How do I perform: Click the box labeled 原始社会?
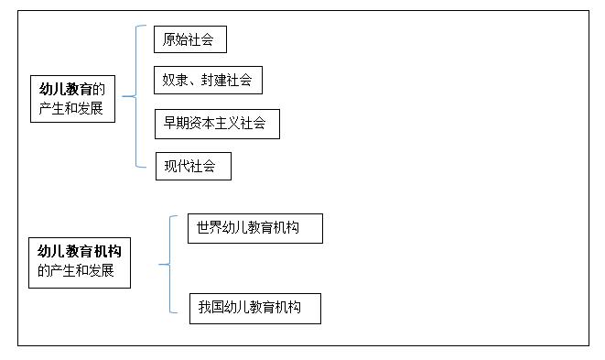189,39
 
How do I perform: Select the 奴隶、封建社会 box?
208,80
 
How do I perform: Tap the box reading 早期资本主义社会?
217,124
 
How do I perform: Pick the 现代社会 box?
192,166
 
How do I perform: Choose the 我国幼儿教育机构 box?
255,308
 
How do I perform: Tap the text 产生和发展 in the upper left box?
70,108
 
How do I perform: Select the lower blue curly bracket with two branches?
167,266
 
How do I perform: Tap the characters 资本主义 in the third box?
222,124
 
